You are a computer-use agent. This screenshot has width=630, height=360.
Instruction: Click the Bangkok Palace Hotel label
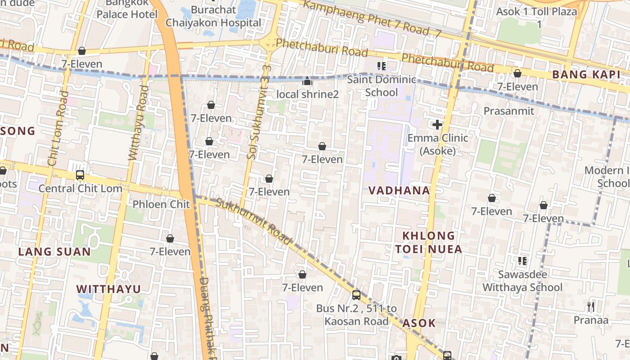pyautogui.click(x=127, y=9)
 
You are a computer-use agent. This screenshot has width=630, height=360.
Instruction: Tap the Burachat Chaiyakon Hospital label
pyautogui.click(x=213, y=16)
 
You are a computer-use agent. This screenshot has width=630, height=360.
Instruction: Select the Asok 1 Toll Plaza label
pyautogui.click(x=536, y=17)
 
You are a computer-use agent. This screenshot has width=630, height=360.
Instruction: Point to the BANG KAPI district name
pyautogui.click(x=586, y=75)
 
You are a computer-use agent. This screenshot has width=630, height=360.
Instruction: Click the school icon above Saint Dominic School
pyautogui.click(x=382, y=67)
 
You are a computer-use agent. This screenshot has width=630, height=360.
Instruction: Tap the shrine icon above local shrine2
pyautogui.click(x=307, y=81)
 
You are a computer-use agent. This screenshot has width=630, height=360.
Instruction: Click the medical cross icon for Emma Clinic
pyautogui.click(x=437, y=125)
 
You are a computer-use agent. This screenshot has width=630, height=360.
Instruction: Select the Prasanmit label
pyautogui.click(x=509, y=111)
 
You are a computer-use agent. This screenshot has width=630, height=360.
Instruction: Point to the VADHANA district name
pyautogui.click(x=399, y=190)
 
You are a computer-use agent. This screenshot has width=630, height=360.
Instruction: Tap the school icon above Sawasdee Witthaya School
pyautogui.click(x=522, y=261)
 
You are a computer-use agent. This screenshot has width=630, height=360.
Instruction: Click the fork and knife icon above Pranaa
pyautogui.click(x=591, y=307)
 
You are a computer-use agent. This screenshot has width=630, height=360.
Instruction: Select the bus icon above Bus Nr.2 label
pyautogui.click(x=356, y=295)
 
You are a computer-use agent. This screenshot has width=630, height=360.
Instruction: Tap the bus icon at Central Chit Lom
pyautogui.click(x=80, y=175)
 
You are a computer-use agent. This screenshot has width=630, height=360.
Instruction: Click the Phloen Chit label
pyautogui.click(x=161, y=204)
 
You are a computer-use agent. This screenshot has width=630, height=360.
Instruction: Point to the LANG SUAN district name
pyautogui.click(x=54, y=252)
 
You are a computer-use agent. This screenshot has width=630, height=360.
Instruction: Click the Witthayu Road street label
pyautogui.click(x=138, y=122)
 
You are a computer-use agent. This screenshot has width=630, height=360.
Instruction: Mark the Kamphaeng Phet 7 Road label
pyautogui.click(x=371, y=18)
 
